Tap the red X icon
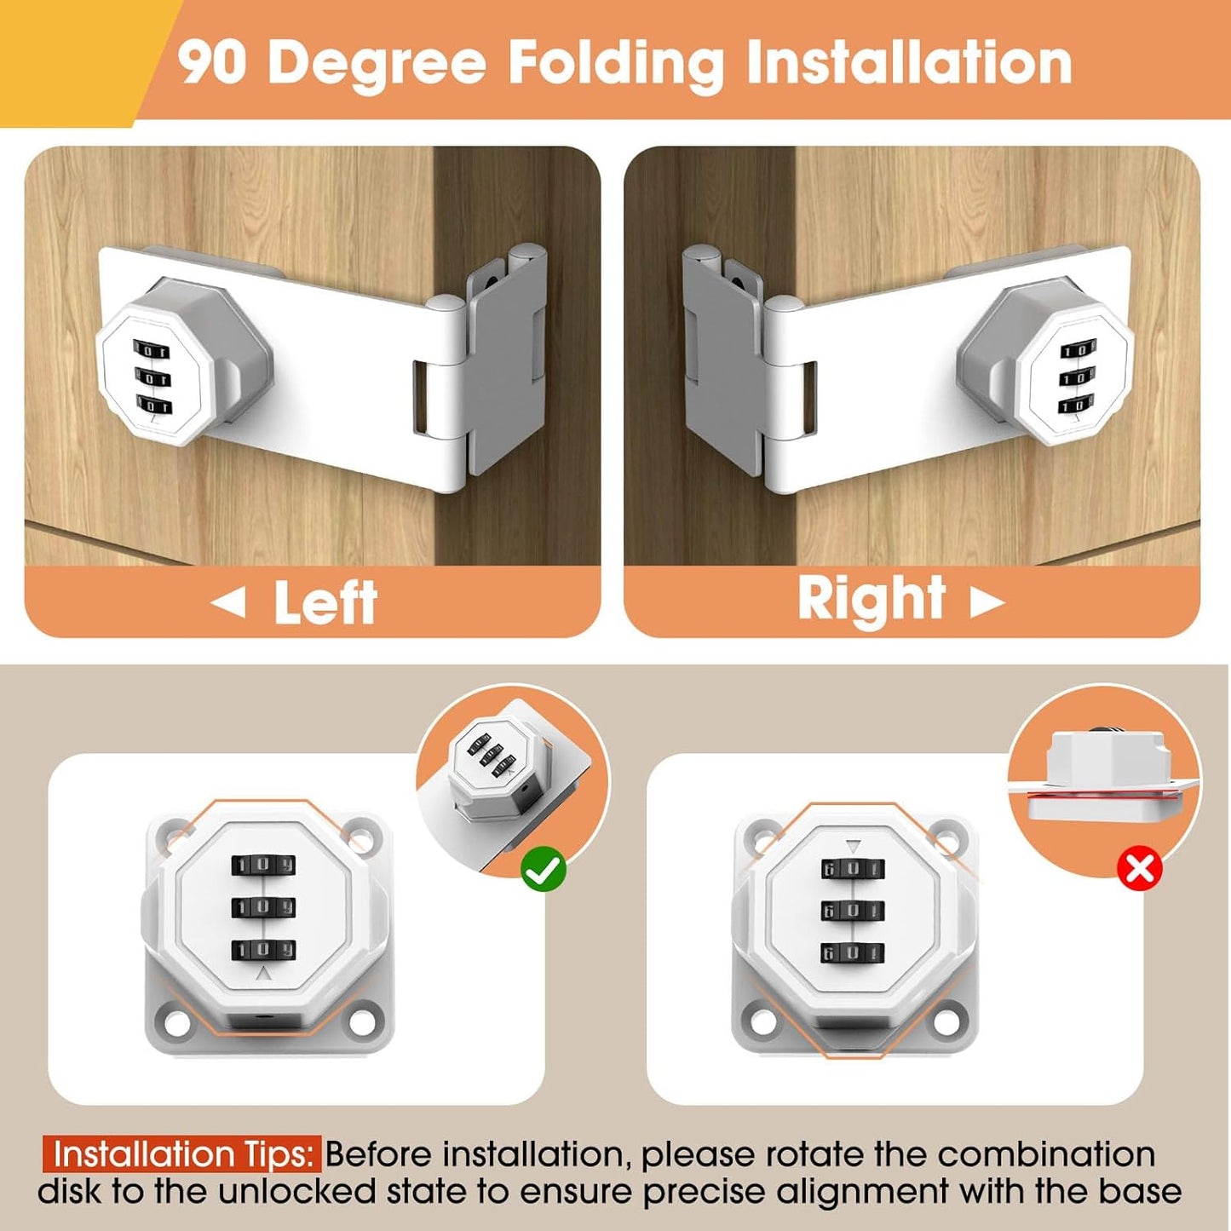coord(1140,870)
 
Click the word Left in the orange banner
coord(325,602)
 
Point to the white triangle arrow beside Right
coord(987,601)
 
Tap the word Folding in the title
coord(616,64)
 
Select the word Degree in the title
coord(377,64)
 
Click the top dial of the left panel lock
coord(151,350)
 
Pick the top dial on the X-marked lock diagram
coord(853,870)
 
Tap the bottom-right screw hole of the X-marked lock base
coord(952,1015)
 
